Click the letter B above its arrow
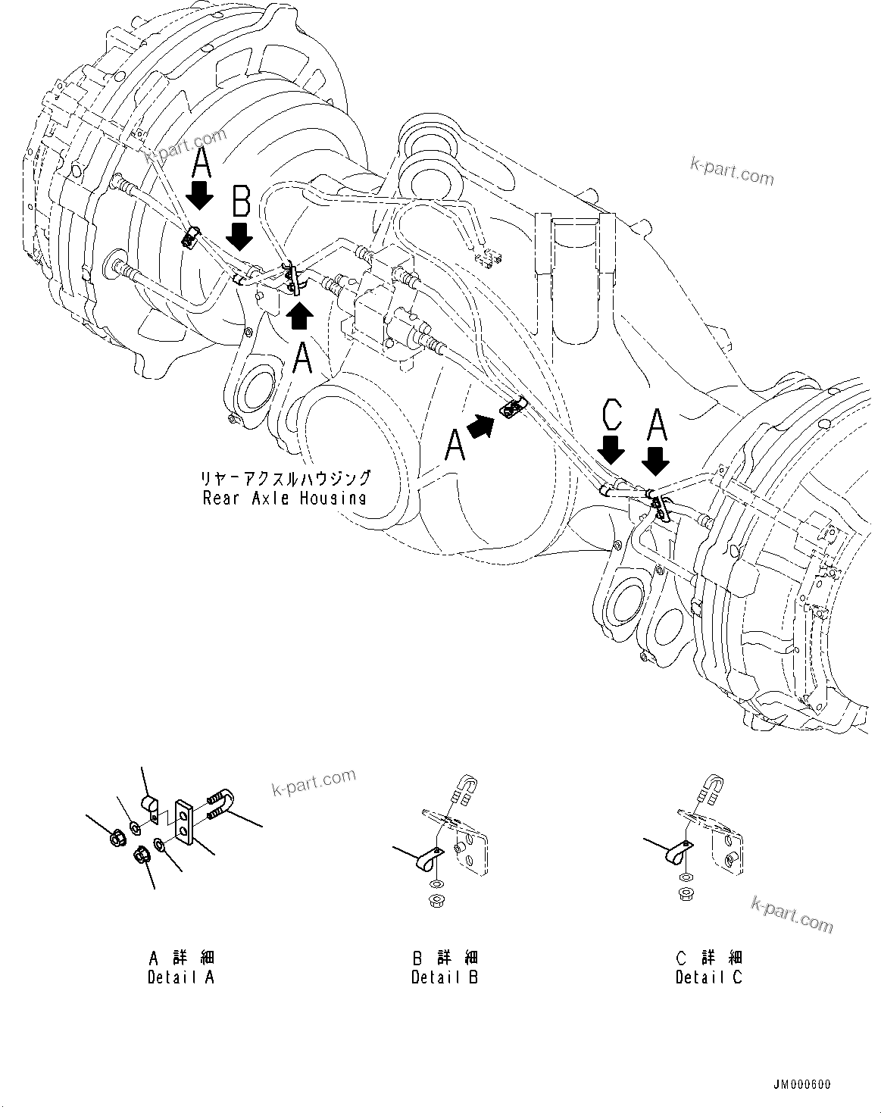241,202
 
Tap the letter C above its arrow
611,416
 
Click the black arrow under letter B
240,236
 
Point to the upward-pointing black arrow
300,315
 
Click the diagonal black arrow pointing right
480,427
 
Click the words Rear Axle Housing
284,498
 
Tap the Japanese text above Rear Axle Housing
285,478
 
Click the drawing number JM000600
802,1084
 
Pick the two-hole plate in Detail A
184,820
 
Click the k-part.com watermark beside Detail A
313,783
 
